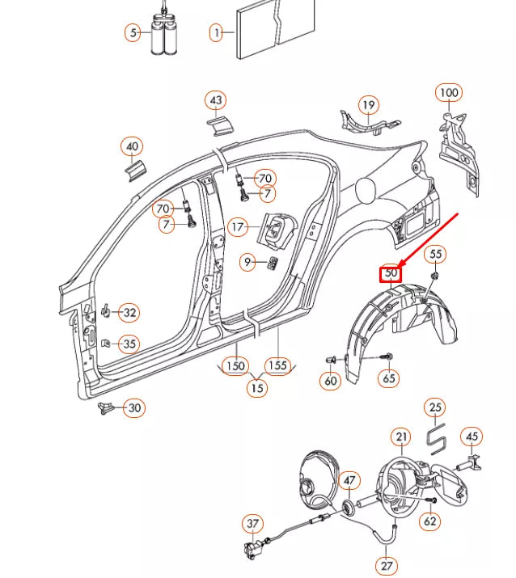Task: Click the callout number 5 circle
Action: click(x=133, y=33)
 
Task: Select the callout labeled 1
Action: click(x=217, y=33)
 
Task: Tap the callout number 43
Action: click(x=215, y=101)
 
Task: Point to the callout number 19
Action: click(x=369, y=105)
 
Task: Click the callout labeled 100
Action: click(x=449, y=92)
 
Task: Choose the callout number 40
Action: click(x=132, y=147)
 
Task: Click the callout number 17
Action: click(x=237, y=228)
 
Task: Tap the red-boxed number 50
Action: click(x=391, y=273)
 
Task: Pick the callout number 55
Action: click(x=436, y=254)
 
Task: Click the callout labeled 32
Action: click(x=129, y=312)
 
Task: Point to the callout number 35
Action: click(x=129, y=344)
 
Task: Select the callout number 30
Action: click(x=134, y=408)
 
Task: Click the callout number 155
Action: click(x=277, y=365)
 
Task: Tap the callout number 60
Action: click(x=330, y=379)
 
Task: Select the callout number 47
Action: click(x=349, y=481)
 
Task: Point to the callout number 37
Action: click(x=253, y=525)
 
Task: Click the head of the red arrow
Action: click(x=398, y=266)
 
